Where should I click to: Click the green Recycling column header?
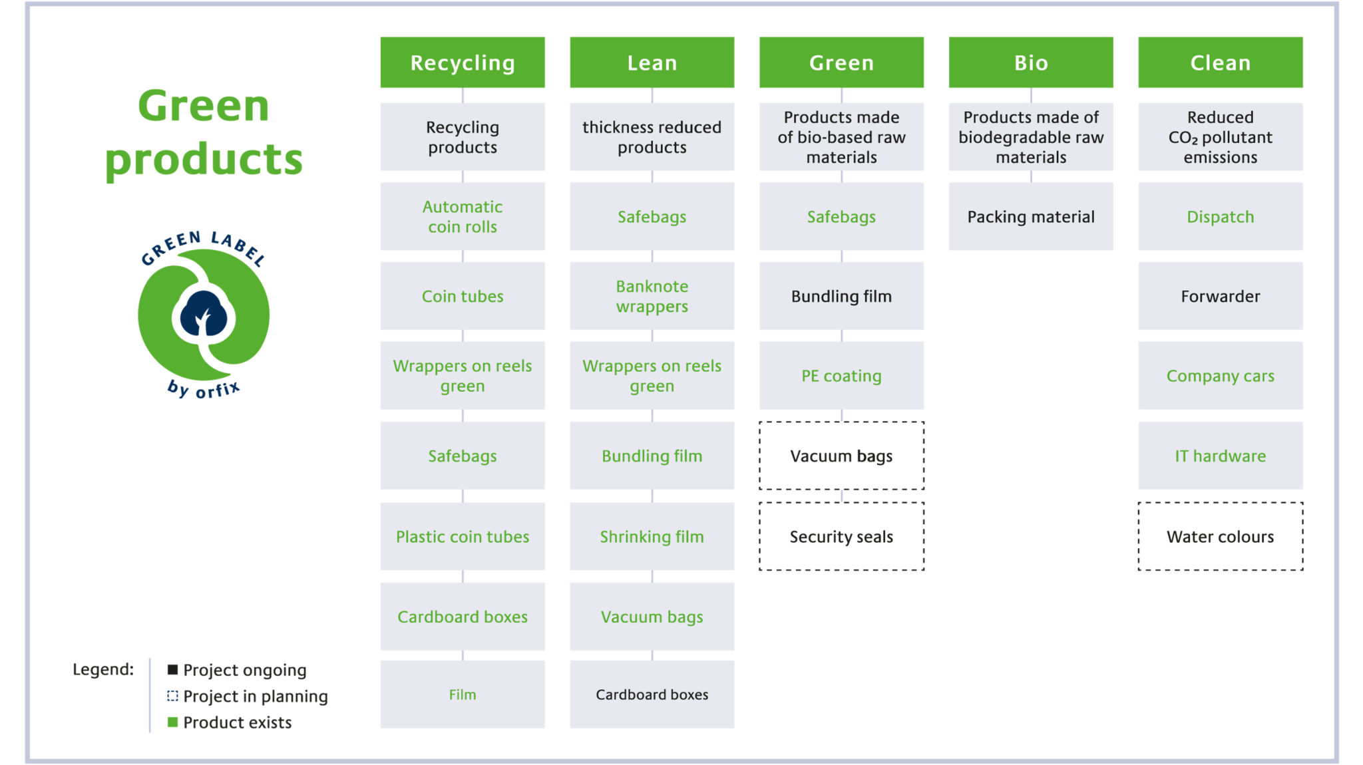[463, 63]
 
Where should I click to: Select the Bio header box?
[1031, 63]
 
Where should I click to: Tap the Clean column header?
[1221, 63]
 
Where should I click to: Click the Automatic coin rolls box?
[463, 216]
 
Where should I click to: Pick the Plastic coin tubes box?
[463, 536]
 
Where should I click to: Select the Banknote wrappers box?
[652, 296]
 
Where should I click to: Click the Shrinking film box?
[652, 536]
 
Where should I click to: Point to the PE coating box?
[841, 376]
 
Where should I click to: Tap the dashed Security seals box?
[841, 536]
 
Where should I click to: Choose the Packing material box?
[1031, 216]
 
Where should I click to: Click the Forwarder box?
[1221, 296]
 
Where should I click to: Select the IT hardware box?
[1221, 456]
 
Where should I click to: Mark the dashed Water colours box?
[1221, 536]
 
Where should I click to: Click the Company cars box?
[1221, 376]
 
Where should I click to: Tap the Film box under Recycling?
[463, 694]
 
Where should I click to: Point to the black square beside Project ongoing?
[172, 669]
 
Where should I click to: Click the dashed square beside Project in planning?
[172, 696]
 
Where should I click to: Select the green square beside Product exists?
[172, 722]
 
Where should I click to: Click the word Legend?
[103, 670]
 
